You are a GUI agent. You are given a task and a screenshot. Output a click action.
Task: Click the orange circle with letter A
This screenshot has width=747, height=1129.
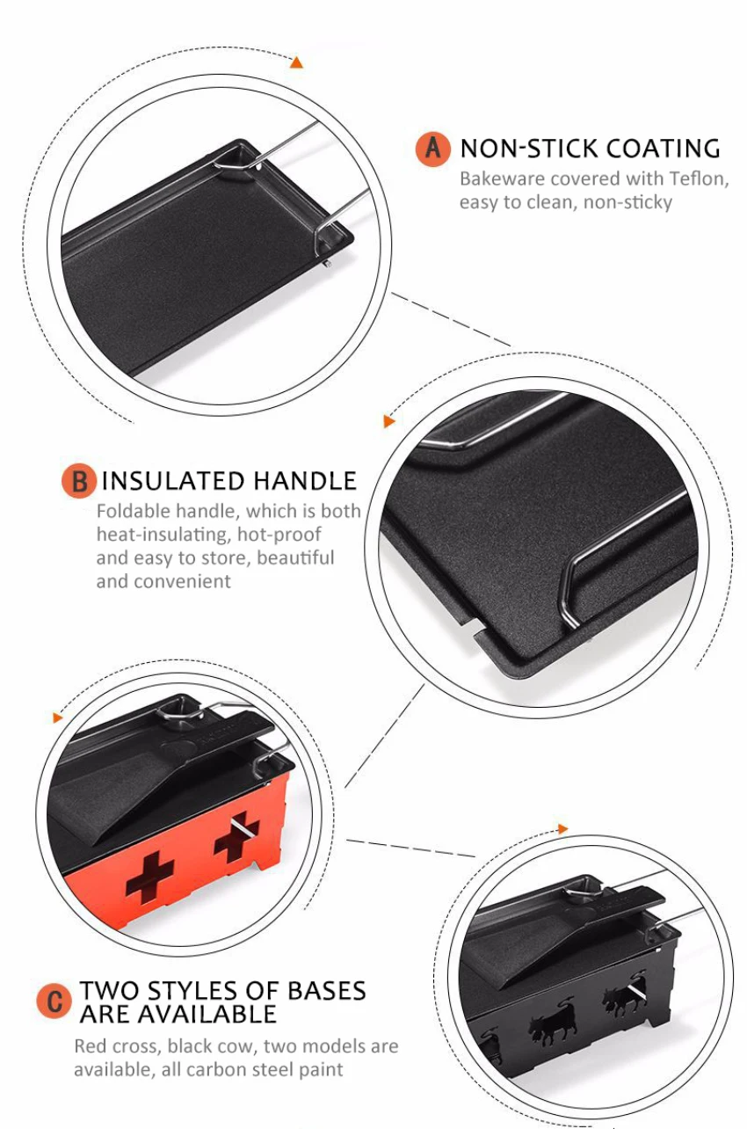click(x=432, y=149)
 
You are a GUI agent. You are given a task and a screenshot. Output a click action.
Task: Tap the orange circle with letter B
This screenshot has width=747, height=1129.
click(x=78, y=481)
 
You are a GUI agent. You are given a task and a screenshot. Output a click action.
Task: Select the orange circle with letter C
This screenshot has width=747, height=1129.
click(x=54, y=1002)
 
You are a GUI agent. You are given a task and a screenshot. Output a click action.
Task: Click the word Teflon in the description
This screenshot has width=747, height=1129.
click(x=699, y=178)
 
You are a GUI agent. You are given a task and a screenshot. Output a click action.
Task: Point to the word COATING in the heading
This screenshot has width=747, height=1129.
click(x=663, y=149)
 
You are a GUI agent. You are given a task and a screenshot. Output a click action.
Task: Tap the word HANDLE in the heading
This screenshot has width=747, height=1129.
click(x=304, y=481)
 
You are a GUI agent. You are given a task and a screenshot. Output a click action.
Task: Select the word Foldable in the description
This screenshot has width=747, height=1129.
click(x=134, y=511)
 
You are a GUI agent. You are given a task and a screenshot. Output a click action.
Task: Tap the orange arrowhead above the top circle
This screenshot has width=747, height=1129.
click(x=297, y=62)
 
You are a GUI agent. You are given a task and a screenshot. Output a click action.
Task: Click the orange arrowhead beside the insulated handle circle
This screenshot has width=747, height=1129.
click(x=388, y=421)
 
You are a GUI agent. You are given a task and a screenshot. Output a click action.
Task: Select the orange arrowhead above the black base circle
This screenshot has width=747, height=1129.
click(x=562, y=829)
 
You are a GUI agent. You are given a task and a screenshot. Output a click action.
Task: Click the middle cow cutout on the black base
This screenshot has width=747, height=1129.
click(x=553, y=1023)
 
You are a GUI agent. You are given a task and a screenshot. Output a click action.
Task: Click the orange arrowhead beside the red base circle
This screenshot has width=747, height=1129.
click(x=57, y=717)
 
